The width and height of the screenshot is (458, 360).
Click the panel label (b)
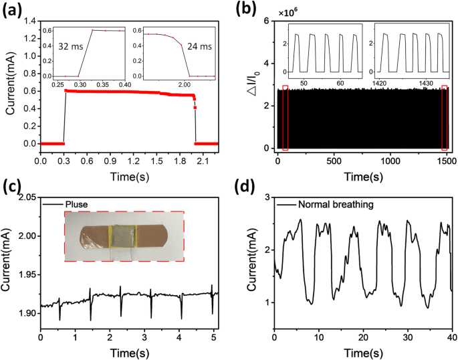point(245,9)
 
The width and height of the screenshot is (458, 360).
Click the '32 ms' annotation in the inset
point(72,48)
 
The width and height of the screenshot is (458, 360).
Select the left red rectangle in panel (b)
point(285,117)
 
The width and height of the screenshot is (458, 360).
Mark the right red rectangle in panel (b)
point(445,117)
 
